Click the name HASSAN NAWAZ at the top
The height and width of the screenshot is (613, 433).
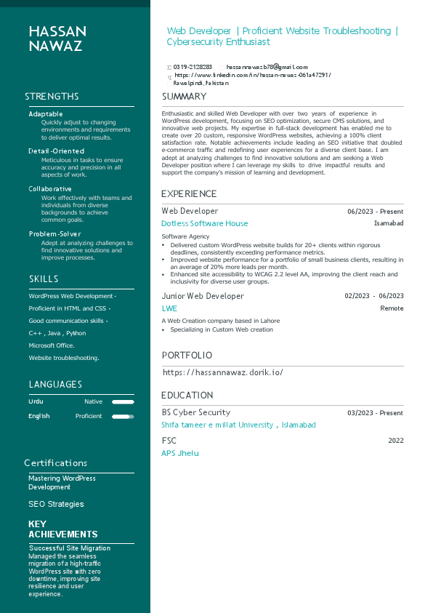[x=57, y=39]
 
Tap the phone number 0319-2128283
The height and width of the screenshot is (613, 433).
[x=192, y=67]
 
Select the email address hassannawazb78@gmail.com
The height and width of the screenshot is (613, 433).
[x=256, y=67]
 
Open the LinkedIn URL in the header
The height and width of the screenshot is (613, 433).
[x=252, y=75]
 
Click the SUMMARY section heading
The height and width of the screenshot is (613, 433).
[x=184, y=97]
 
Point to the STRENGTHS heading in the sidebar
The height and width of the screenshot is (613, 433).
[x=52, y=97]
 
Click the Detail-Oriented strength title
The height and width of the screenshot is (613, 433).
[x=55, y=151]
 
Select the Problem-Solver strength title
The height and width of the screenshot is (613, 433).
[x=55, y=234]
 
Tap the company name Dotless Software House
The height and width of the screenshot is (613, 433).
[x=204, y=224]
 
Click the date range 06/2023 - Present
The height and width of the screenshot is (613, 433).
[x=375, y=212]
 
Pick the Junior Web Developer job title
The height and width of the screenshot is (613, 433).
[x=203, y=297]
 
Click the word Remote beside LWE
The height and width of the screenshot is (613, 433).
[x=392, y=308]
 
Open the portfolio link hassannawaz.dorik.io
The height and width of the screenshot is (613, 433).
[x=222, y=372]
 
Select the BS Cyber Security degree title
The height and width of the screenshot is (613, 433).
[x=195, y=413]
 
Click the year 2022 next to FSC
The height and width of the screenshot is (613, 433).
[x=395, y=441]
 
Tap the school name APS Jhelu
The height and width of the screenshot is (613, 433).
[x=179, y=454]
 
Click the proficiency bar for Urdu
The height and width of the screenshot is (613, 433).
[x=123, y=402]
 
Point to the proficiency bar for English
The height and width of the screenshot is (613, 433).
[x=123, y=417]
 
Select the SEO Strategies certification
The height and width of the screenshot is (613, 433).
[x=56, y=505]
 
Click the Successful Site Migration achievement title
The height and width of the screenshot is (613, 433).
[x=70, y=548]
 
